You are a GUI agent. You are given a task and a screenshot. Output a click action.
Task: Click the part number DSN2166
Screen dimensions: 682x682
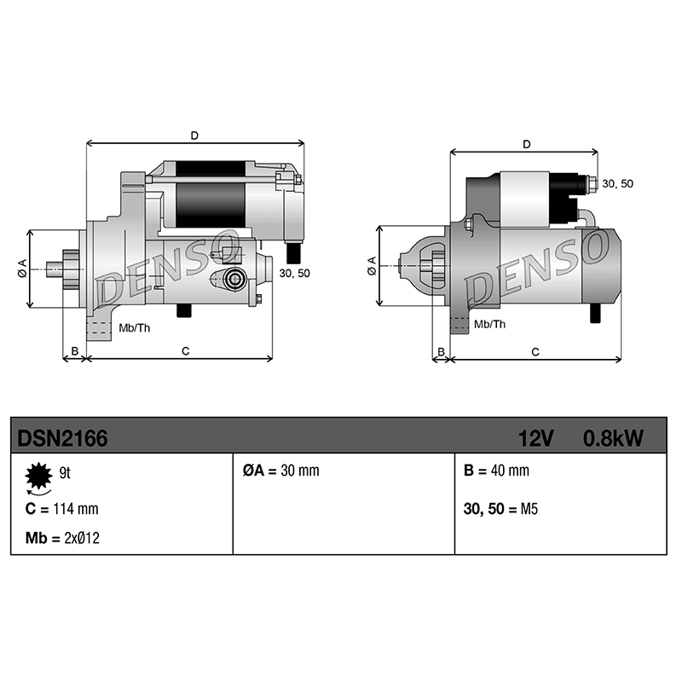62,438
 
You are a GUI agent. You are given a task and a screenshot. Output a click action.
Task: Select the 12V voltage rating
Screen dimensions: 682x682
535,438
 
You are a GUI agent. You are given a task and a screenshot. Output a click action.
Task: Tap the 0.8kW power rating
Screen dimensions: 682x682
613,438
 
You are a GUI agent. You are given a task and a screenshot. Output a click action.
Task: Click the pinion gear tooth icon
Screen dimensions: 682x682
38,476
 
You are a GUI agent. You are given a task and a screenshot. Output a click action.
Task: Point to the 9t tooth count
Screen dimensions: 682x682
65,473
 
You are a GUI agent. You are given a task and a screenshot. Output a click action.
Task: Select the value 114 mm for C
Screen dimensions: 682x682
76,508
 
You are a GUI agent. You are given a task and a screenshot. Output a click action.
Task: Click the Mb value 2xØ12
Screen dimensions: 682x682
82,538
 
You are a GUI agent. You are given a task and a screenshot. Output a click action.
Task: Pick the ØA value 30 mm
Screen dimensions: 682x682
300,471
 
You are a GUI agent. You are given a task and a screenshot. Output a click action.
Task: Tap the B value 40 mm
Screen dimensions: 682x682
510,471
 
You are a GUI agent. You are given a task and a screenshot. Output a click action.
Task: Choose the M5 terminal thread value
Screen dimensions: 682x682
529,508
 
